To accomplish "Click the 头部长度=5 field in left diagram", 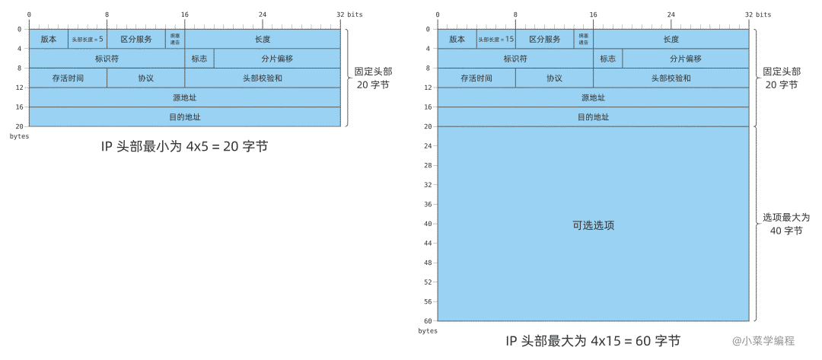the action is pyautogui.click(x=88, y=39).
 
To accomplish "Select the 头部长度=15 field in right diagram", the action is pyautogui.click(x=496, y=39).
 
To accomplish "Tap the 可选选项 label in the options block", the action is pyautogui.click(x=593, y=225).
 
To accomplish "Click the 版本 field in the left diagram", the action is pyautogui.click(x=48, y=39).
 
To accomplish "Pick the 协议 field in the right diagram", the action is pyautogui.click(x=554, y=78).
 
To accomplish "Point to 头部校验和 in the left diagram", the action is pyautogui.click(x=262, y=78).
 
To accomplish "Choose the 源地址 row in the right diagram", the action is pyautogui.click(x=593, y=97).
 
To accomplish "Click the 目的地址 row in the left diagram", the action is pyautogui.click(x=184, y=117).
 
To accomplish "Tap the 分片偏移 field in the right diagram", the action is pyautogui.click(x=685, y=59).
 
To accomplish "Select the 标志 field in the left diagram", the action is pyautogui.click(x=199, y=59).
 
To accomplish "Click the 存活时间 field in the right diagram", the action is pyautogui.click(x=476, y=78).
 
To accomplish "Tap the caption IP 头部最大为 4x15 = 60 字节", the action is pyautogui.click(x=593, y=340).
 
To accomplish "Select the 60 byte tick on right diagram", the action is pyautogui.click(x=429, y=321).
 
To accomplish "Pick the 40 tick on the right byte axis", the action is pyautogui.click(x=429, y=224).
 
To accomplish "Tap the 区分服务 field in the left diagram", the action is pyautogui.click(x=135, y=39).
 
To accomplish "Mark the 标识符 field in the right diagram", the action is pyautogui.click(x=515, y=59).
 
